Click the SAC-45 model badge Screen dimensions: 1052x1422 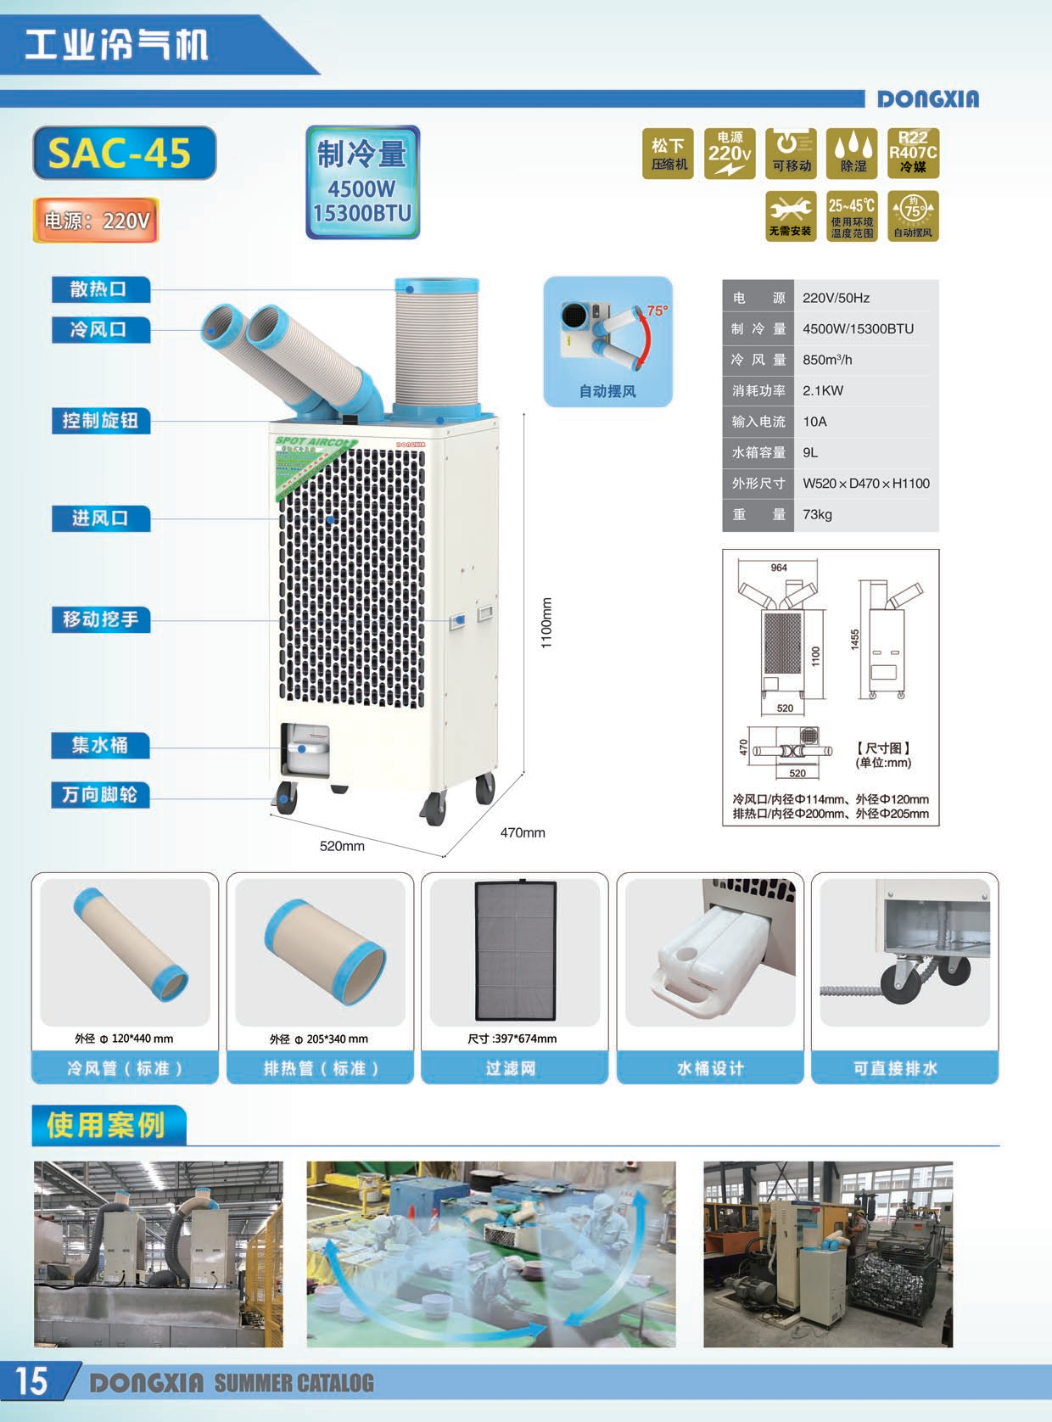tap(124, 153)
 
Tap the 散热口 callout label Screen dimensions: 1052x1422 tap(100, 289)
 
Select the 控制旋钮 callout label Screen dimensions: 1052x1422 tap(100, 421)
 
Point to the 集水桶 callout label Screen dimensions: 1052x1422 tap(100, 746)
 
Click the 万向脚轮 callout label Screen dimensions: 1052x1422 tap(100, 795)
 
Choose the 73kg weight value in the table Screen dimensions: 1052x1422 tap(817, 514)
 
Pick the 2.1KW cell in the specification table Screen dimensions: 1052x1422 tap(823, 390)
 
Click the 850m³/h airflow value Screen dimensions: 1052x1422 tap(827, 360)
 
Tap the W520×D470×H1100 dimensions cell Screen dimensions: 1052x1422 tap(865, 484)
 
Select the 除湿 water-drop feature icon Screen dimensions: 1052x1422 tap(853, 154)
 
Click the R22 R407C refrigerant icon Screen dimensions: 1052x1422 tap(913, 154)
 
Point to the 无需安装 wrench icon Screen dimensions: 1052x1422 tap(790, 217)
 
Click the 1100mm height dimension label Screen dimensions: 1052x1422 tap(546, 623)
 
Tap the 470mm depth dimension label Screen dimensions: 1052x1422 tap(523, 833)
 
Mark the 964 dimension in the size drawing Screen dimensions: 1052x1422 tap(778, 568)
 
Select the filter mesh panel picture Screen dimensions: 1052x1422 tap(515, 950)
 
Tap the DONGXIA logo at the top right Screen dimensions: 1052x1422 tap(927, 99)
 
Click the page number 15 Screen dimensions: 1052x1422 tap(31, 1381)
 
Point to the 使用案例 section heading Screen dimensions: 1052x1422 tap(106, 1125)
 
